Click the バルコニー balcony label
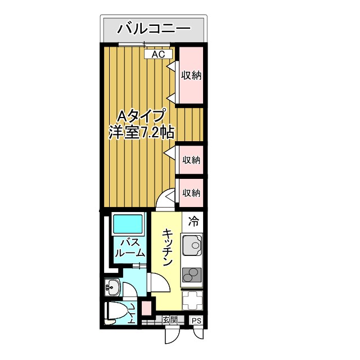click(153, 28)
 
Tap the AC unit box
click(158, 54)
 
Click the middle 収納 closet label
click(191, 160)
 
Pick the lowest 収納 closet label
click(191, 193)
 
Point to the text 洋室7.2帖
click(141, 133)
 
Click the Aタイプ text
click(141, 116)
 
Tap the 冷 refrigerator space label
click(193, 222)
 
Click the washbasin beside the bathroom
click(112, 287)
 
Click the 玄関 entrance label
click(170, 320)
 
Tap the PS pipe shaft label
click(196, 321)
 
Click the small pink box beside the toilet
click(146, 309)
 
